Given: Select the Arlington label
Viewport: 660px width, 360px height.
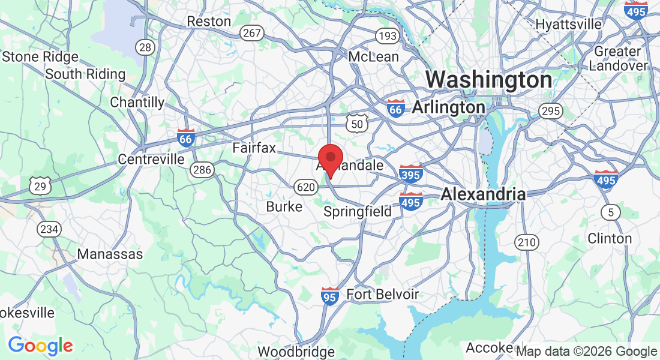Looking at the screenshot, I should tap(449, 107).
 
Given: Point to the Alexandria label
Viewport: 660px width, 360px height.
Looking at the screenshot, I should tap(483, 194).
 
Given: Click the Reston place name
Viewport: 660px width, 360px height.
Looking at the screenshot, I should tap(209, 21).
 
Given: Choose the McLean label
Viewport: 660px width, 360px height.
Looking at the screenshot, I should tap(374, 56).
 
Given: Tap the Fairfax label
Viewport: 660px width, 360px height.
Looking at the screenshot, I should tap(254, 147).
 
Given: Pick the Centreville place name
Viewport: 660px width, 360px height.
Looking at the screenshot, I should tap(151, 160).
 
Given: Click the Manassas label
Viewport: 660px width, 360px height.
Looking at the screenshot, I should tap(110, 254).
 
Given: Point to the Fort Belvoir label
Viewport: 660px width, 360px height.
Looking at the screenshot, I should tap(383, 294).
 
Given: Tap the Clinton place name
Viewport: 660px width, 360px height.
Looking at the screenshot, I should tap(610, 238).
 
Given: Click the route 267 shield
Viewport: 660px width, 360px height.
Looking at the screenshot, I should tap(252, 34).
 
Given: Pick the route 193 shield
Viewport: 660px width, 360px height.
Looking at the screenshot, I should tap(388, 36).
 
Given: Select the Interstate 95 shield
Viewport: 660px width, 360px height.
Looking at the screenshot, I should tap(329, 295).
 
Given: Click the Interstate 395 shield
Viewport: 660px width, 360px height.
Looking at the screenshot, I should tap(411, 173).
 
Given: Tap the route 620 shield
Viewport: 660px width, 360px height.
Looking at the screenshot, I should tap(305, 188).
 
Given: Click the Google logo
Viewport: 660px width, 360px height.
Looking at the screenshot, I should tap(40, 346).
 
